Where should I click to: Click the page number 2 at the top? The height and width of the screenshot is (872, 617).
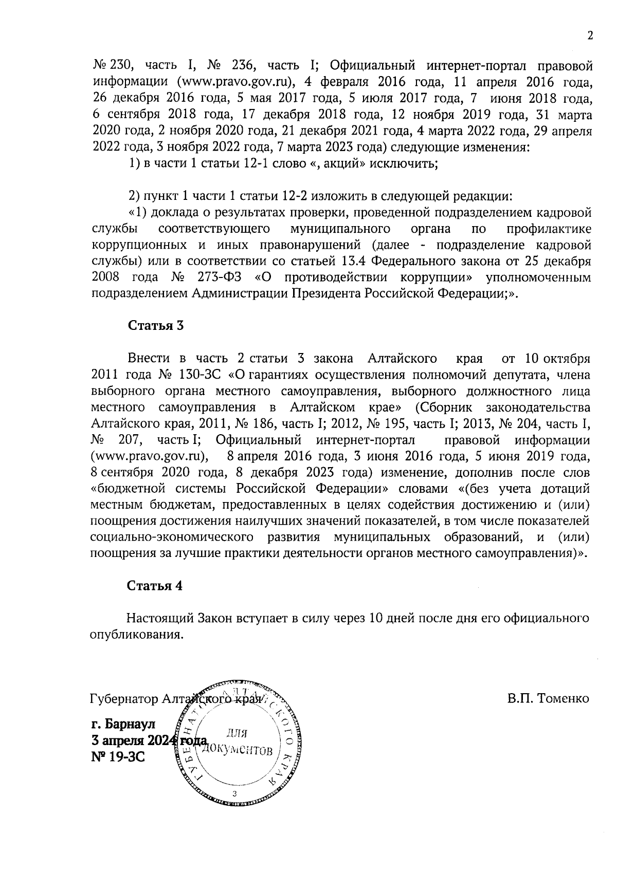coord(590,36)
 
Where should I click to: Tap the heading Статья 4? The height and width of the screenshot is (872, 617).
coord(155,586)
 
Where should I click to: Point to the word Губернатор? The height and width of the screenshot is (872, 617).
coord(124,699)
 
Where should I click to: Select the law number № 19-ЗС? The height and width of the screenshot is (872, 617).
coord(118,756)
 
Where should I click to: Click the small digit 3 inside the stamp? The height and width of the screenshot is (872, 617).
coord(234,795)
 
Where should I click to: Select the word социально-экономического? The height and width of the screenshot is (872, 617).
coord(172,538)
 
